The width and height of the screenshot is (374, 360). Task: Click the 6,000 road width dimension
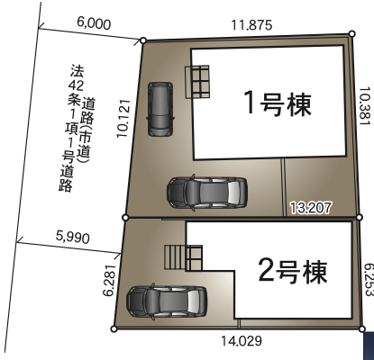coord(94,23)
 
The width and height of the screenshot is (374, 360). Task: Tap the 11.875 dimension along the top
coord(251,25)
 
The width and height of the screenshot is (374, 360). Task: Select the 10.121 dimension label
coord(123,118)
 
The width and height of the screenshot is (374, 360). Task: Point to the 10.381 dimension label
coord(364,106)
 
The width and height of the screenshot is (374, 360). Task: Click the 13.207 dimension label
coord(311,208)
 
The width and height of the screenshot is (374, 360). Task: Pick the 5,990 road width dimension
coord(73,237)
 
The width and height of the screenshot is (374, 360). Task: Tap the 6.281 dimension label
coord(109,280)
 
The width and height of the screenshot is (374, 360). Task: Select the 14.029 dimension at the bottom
coord(242,341)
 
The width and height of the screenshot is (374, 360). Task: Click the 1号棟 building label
coord(277,103)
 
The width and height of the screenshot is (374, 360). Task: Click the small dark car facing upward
coord(160,109)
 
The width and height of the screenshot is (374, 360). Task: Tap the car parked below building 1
coord(207,193)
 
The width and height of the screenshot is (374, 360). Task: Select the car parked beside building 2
coord(167,301)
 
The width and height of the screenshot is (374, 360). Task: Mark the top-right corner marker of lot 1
coord(352,33)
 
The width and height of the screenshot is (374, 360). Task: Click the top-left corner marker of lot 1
coord(143,40)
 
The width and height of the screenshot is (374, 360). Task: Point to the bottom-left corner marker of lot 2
coord(114,329)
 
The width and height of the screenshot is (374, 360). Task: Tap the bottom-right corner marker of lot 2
coord(362,329)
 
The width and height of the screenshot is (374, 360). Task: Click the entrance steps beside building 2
coord(175,257)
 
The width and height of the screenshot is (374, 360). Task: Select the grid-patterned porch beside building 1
coord(197,82)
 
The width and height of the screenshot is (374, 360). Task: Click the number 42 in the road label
coord(76,86)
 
